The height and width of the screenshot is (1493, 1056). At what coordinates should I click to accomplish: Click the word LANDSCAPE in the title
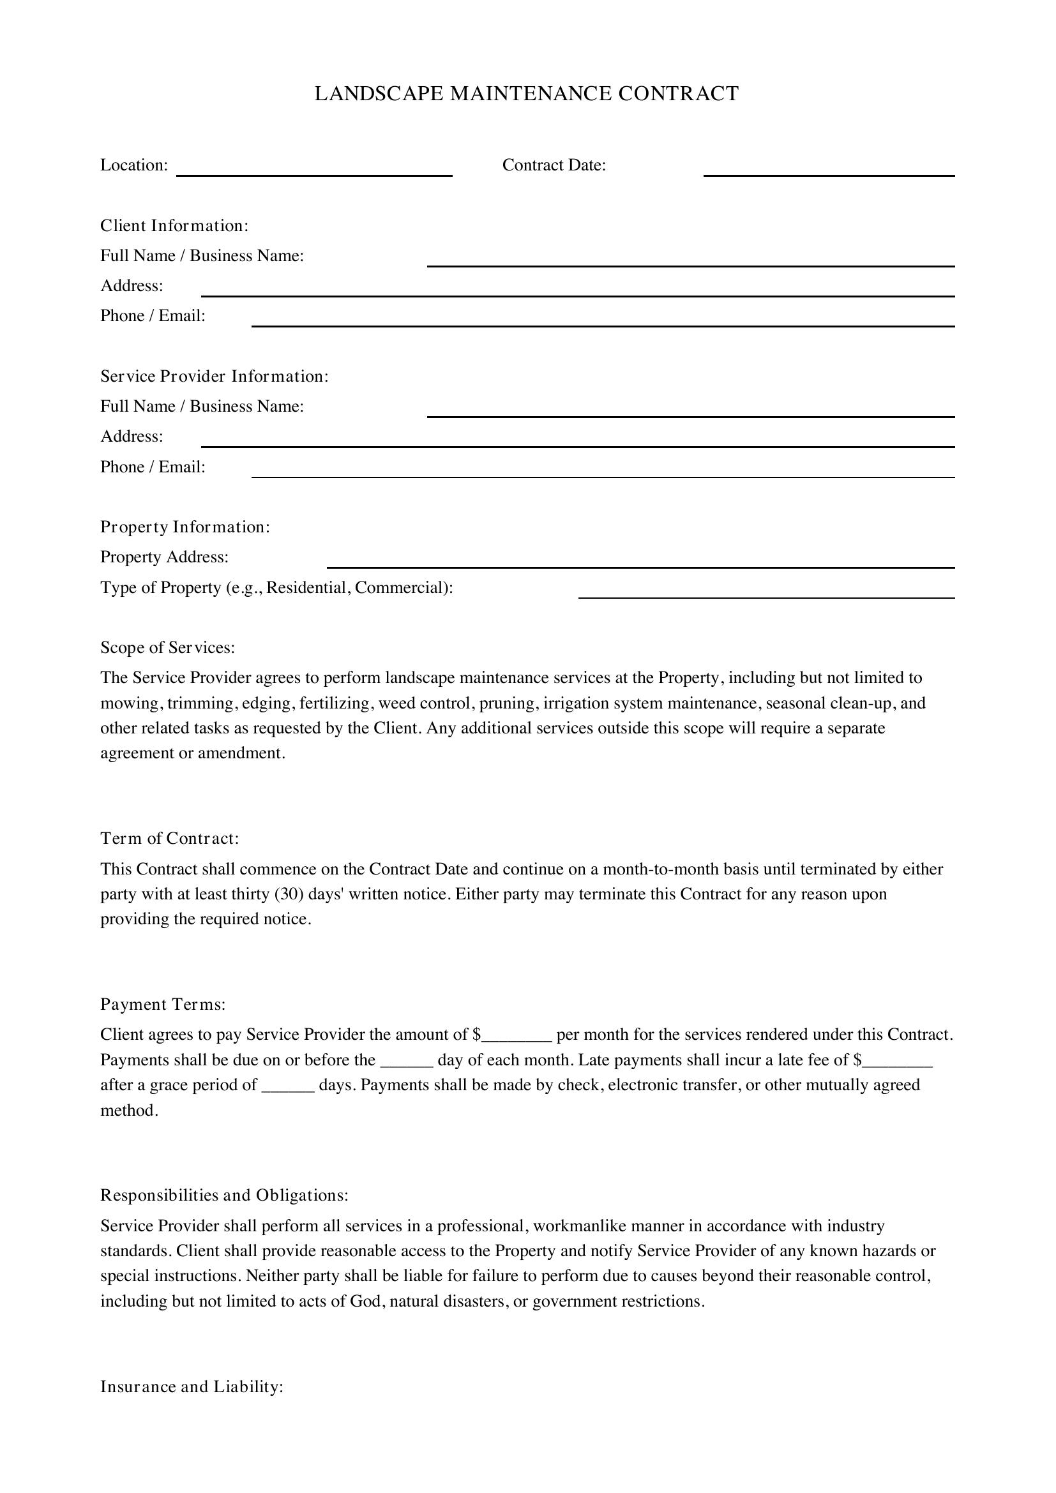coord(379,94)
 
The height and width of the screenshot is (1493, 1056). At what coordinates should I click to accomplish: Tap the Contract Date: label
coord(554,165)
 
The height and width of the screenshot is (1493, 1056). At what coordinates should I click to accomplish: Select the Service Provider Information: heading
coord(214,377)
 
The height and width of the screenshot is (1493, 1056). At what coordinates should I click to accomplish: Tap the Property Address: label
coord(164,557)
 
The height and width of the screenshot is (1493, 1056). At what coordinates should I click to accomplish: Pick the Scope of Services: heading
coord(167,648)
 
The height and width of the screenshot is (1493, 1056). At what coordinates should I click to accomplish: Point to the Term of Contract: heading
coord(170,839)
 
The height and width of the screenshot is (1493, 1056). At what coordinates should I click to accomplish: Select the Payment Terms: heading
coord(163,1005)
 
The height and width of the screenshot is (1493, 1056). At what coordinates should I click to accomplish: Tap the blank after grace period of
coord(288,1087)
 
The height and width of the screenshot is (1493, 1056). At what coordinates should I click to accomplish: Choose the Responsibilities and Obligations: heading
coord(224,1195)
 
